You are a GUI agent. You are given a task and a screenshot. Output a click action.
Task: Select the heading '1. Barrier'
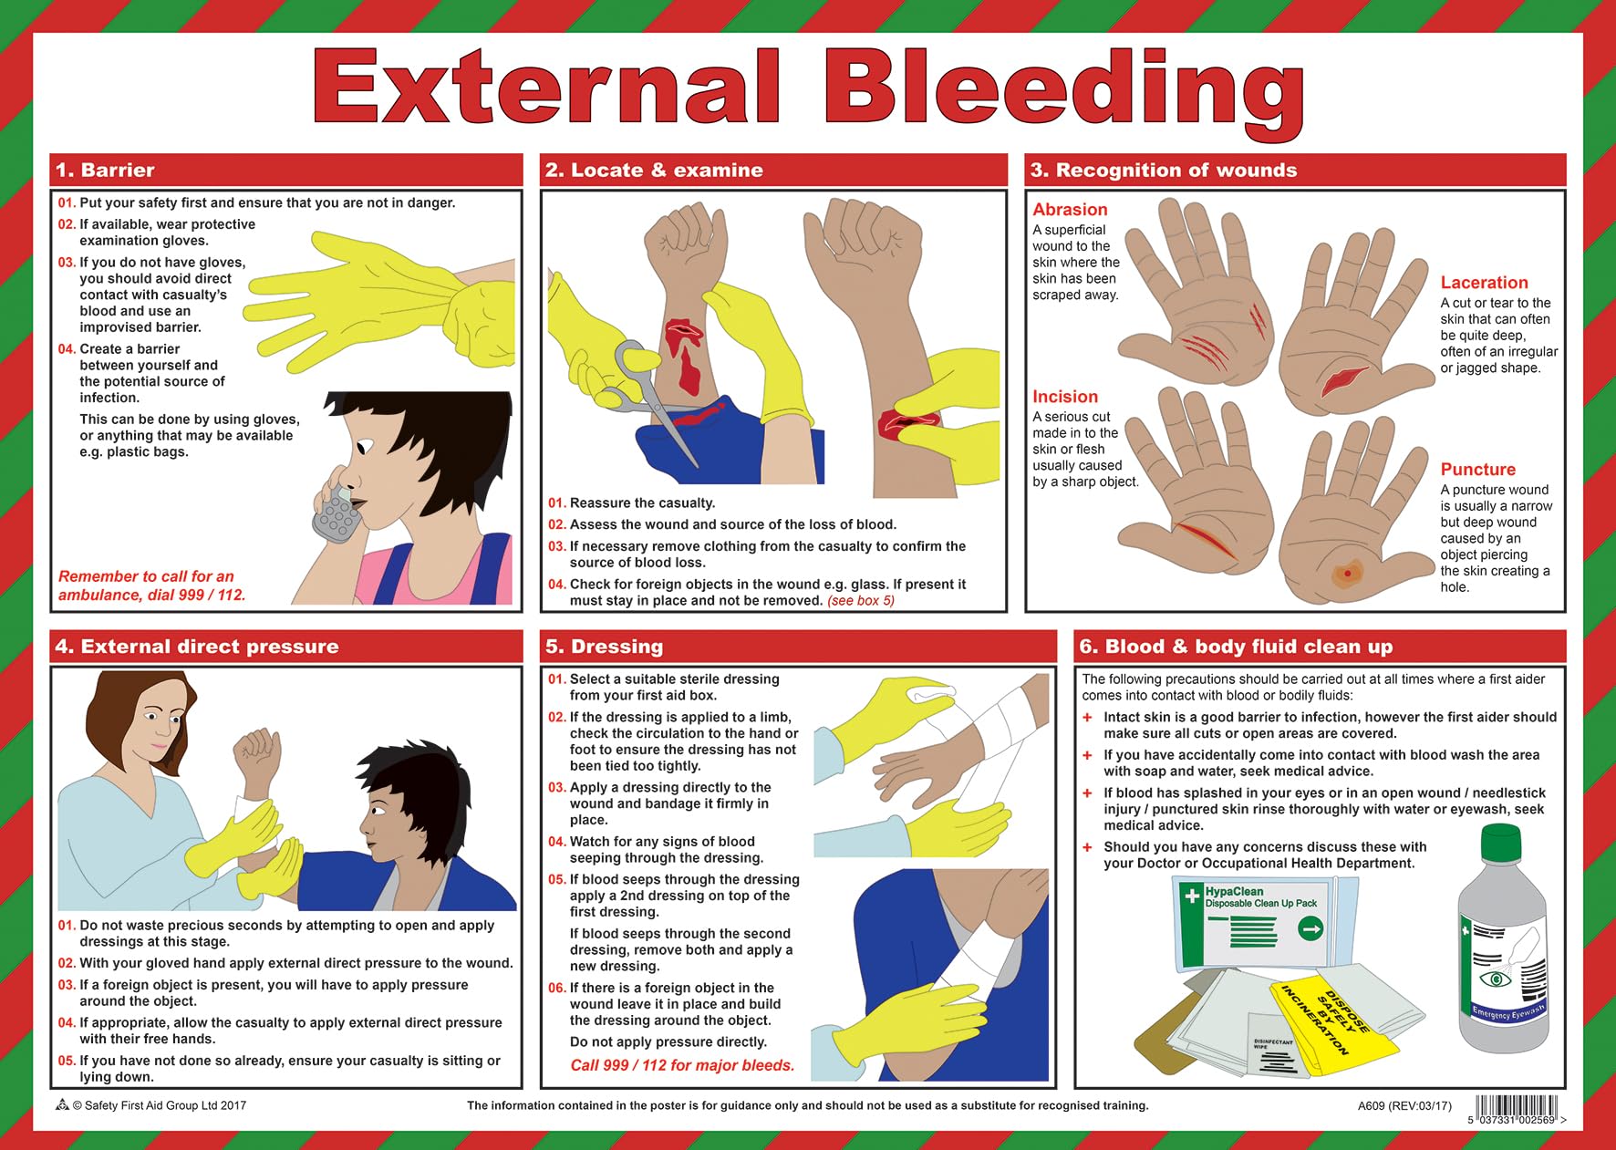[x=105, y=171]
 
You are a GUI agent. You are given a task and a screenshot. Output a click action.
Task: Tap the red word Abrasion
[x=1070, y=210]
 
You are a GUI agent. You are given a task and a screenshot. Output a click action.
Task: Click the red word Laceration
[x=1484, y=283]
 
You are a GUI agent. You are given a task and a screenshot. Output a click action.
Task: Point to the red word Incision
[x=1064, y=397]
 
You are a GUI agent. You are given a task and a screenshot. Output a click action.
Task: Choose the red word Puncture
[x=1477, y=470]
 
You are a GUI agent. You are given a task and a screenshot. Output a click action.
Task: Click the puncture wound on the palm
[x=1346, y=574]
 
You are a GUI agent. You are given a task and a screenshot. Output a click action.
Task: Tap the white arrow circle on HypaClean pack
[x=1310, y=929]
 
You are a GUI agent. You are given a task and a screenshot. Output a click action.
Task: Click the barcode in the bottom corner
[x=1517, y=1107]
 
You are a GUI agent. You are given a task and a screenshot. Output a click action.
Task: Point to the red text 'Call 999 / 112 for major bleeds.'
[x=682, y=1065]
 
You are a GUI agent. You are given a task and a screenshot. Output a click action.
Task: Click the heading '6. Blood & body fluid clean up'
[x=1235, y=647]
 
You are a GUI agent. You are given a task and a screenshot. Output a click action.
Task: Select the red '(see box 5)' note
[x=860, y=600]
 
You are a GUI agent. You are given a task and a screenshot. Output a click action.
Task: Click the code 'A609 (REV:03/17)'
[x=1404, y=1106]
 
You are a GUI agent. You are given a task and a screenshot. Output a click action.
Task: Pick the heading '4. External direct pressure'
[x=197, y=647]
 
